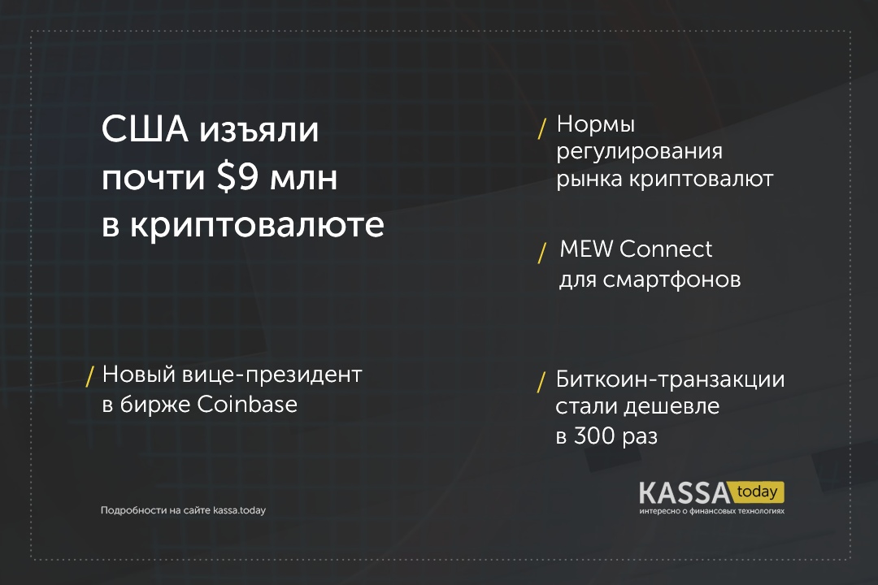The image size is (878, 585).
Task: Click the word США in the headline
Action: point(145,129)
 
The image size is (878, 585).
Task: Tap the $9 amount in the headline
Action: point(237,177)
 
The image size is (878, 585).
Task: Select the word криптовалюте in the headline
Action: point(258,226)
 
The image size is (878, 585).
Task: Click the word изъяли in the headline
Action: point(259,131)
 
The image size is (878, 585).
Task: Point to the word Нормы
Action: point(596,124)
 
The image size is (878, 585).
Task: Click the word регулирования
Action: point(640,152)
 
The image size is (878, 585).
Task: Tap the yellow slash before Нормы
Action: point(541,128)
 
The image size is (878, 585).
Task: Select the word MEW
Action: point(586,249)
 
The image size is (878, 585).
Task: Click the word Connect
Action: point(667,249)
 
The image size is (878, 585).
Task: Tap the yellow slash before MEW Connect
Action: point(541,253)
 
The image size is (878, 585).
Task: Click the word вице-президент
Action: point(272,375)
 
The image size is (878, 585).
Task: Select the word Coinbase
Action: point(247,405)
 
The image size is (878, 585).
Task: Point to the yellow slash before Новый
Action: point(89,377)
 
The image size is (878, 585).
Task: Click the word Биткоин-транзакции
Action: point(670,379)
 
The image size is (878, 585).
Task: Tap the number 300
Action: point(597,436)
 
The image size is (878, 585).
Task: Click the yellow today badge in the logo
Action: point(757,492)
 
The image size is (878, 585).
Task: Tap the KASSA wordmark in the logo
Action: point(685,493)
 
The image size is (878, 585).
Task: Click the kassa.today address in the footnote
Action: point(239,510)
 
